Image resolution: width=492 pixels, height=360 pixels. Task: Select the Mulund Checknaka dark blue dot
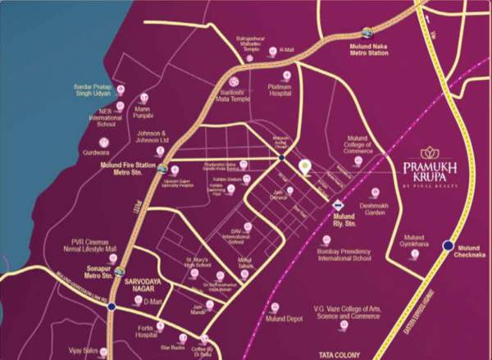point(449,244)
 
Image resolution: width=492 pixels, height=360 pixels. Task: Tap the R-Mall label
point(286,50)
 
